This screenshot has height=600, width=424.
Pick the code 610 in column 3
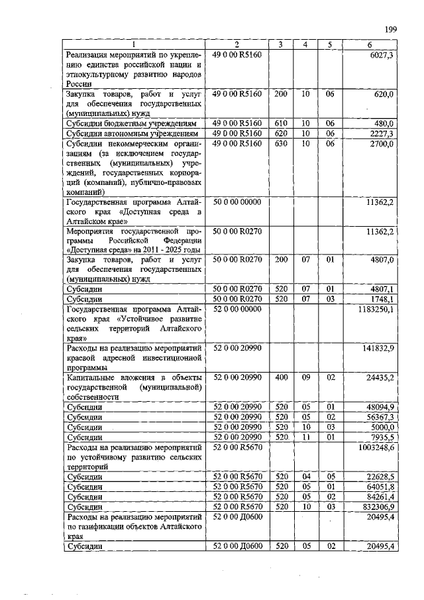(280, 123)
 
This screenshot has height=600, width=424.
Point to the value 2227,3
(382, 133)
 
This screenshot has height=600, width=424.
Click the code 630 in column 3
(280, 143)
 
